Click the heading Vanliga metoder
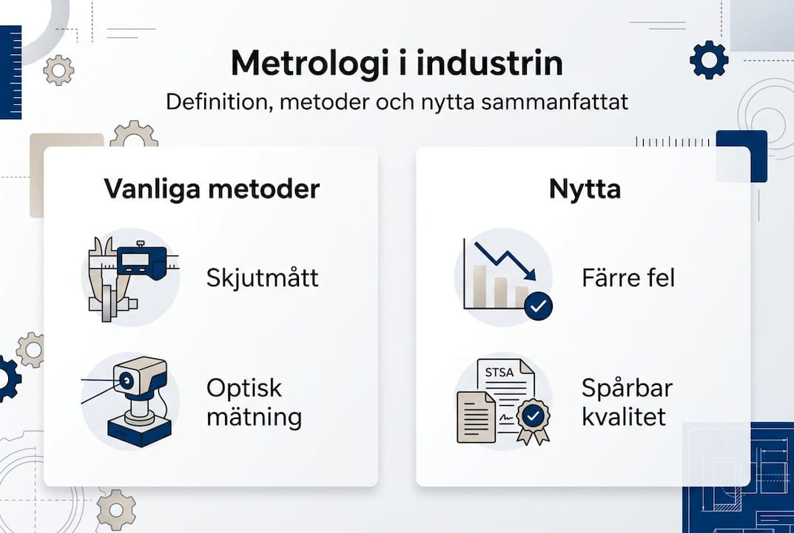[x=212, y=189]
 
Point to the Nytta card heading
[x=585, y=189]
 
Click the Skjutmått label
[x=263, y=278]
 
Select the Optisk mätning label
[x=255, y=403]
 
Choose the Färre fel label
[x=628, y=278]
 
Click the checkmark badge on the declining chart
[x=538, y=305]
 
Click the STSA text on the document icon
[x=501, y=372]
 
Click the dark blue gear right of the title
[x=709, y=60]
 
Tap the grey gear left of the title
[x=58, y=70]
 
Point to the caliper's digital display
[x=141, y=260]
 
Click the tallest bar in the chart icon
[x=480, y=286]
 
